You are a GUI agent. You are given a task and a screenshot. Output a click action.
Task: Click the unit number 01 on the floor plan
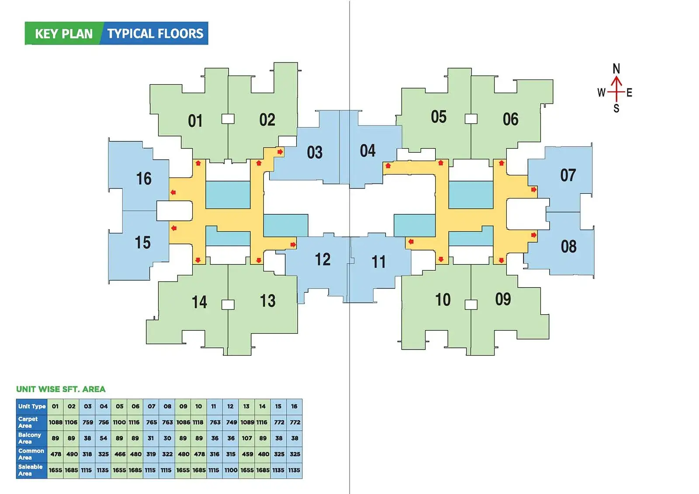(x=195, y=121)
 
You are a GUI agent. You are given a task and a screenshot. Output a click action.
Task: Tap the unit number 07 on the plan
(x=568, y=175)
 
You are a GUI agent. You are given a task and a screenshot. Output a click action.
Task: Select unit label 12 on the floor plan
(x=322, y=259)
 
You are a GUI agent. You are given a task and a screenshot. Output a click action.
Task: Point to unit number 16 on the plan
(x=144, y=178)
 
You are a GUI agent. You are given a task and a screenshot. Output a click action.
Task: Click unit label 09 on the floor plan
(x=503, y=299)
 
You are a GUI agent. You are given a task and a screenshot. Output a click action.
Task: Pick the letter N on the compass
(x=616, y=69)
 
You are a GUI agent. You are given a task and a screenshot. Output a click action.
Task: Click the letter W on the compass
(x=601, y=93)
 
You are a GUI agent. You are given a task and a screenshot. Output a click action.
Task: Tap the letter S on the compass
(x=616, y=109)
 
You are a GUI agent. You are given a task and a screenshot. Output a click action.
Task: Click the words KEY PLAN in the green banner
(x=64, y=34)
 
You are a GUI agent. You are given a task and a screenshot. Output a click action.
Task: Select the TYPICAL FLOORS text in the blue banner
(x=155, y=33)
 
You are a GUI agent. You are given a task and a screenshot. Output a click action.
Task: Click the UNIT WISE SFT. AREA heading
(x=61, y=389)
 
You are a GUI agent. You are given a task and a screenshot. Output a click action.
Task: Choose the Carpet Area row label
(x=28, y=422)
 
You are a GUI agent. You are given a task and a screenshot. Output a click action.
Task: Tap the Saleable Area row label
(x=30, y=470)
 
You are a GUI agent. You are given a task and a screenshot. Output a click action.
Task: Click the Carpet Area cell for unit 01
(x=55, y=422)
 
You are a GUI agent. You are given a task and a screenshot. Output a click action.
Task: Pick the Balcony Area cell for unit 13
(x=246, y=438)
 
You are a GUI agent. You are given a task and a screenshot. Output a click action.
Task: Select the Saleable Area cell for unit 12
(x=231, y=470)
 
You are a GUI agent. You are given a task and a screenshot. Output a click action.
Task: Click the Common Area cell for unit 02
(x=72, y=454)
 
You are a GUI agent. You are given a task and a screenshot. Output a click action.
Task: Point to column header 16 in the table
(x=294, y=406)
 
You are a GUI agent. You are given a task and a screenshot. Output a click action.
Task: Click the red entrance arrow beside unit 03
(x=280, y=152)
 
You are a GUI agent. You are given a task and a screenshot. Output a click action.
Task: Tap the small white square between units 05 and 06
(x=471, y=119)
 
